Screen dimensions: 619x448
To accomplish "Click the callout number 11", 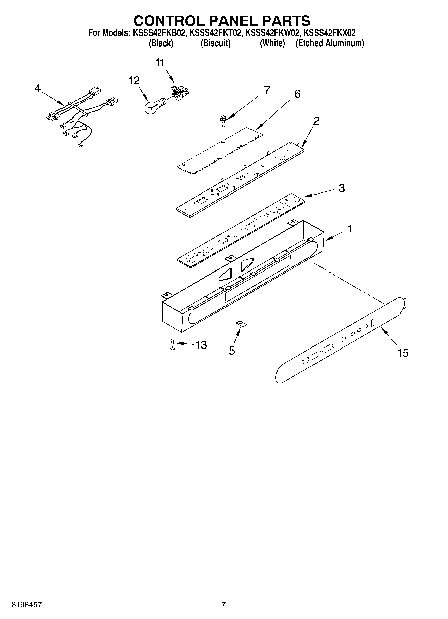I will pos(160,63).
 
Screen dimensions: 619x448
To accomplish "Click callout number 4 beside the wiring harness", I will pos(38,88).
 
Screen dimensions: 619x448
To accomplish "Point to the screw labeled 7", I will pos(222,120).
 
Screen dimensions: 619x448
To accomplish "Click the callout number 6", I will pos(297,94).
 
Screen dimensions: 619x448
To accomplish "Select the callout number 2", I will pos(316,121).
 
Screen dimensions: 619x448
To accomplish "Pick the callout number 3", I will pos(341,188).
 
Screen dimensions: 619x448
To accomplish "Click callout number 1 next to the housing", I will pos(350,229).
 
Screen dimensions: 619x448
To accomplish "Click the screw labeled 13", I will pos(172,344).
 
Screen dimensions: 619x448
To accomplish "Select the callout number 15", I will pos(403,353).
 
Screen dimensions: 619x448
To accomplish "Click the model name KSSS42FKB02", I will pos(160,33).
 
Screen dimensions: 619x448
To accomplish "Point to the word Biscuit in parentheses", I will pos(215,43).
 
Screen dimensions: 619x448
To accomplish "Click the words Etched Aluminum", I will pos(330,43).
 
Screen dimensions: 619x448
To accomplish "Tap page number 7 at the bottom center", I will pos(223,605).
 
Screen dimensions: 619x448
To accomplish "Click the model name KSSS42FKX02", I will pos(330,33).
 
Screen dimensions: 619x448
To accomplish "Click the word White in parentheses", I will pos(272,43).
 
